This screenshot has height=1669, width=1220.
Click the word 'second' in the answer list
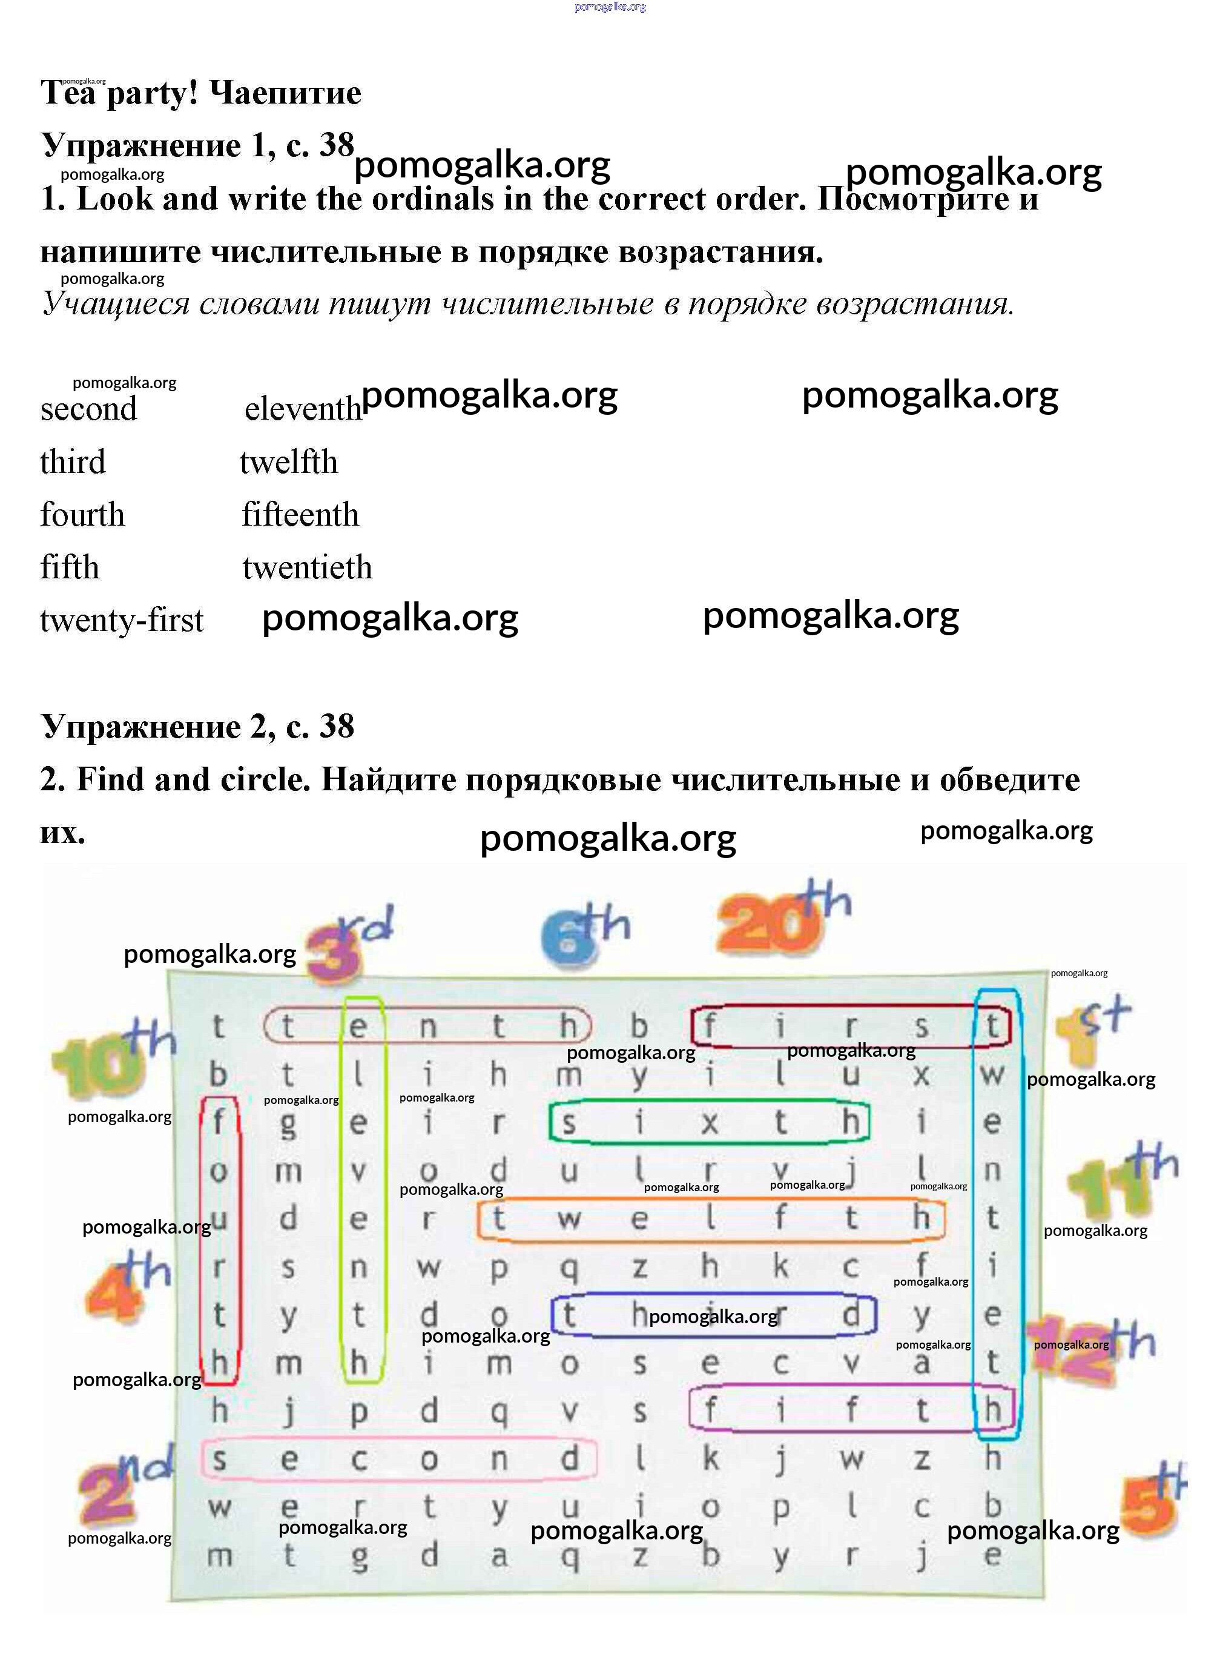click(88, 409)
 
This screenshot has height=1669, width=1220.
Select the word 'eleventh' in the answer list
click(303, 409)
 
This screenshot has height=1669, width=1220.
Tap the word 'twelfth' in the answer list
click(289, 462)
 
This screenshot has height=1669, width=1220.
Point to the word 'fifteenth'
click(300, 515)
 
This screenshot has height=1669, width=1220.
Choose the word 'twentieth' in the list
click(307, 568)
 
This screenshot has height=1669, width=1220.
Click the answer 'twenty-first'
click(121, 620)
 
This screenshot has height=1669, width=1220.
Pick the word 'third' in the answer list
click(73, 462)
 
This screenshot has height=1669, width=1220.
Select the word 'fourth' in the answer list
click(82, 515)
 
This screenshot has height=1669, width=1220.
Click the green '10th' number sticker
click(111, 1056)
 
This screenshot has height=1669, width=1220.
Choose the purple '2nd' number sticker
click(122, 1484)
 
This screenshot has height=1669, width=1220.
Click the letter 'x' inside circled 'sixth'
click(709, 1123)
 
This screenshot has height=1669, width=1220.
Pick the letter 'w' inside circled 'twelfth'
click(568, 1218)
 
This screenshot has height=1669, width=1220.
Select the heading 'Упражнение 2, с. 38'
click(197, 727)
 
